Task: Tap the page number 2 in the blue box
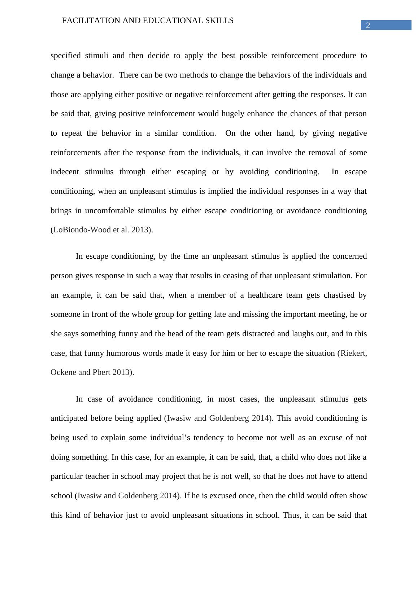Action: [368, 25]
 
